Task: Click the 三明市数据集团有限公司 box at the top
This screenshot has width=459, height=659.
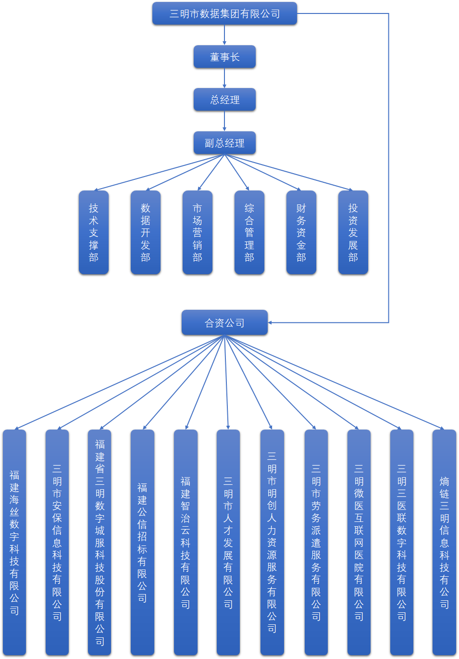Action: tap(224, 14)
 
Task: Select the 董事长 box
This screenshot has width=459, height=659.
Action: tap(224, 57)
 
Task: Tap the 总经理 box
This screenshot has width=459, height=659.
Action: tap(224, 100)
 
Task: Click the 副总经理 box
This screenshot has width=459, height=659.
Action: tap(224, 143)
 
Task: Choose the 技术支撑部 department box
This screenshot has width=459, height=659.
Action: tap(94, 233)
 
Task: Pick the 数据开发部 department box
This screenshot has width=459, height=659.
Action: tap(146, 233)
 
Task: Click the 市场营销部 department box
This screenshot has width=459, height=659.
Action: tap(198, 233)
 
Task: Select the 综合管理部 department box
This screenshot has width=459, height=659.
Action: tap(249, 233)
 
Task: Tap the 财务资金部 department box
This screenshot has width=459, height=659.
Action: tap(301, 233)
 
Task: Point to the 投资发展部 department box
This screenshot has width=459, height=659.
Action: tap(353, 233)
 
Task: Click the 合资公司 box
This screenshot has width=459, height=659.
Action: tap(224, 323)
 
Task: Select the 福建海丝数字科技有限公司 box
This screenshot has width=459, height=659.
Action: tap(14, 542)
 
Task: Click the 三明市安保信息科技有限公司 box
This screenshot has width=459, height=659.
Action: tap(57, 542)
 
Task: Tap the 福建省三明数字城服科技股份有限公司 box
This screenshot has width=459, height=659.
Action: tap(99, 542)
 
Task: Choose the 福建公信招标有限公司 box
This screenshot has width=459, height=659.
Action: tap(142, 542)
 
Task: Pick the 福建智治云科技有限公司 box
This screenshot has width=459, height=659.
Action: tap(186, 542)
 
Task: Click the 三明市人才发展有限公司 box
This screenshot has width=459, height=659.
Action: tap(228, 542)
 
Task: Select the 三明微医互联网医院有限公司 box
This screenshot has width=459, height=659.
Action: tap(359, 542)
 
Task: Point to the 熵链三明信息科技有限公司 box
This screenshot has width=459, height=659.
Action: tap(445, 542)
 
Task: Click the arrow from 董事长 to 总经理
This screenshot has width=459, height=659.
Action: tap(224, 78)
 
